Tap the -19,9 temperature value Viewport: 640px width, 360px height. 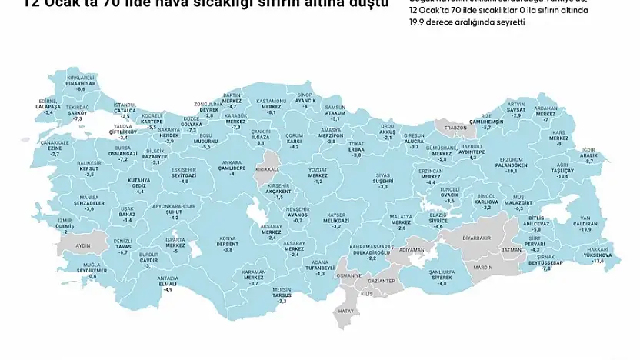[585, 229]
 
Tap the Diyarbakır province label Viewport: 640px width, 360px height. [475, 238]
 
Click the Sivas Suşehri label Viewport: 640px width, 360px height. [382, 179]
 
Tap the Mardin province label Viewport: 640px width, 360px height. [482, 267]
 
